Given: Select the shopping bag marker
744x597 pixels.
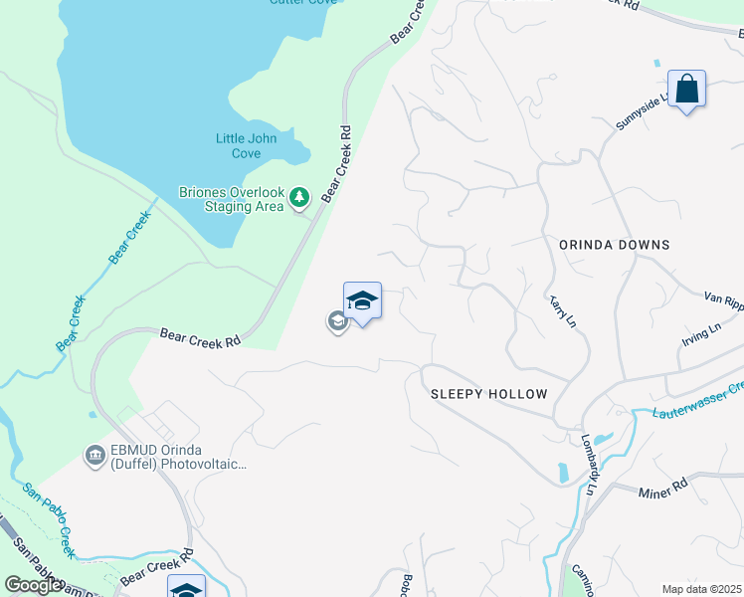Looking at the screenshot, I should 686,90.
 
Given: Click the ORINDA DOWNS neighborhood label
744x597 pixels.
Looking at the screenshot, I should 614,245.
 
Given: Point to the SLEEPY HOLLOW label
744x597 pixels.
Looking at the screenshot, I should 488,394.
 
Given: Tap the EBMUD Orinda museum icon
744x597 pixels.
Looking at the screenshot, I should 95,456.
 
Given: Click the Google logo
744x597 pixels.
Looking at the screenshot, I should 34,585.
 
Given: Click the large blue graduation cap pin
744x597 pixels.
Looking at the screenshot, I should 362,301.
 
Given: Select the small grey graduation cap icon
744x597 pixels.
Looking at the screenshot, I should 337,320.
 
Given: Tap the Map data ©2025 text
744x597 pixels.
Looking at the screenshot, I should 702,589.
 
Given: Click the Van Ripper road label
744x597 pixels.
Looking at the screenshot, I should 723,298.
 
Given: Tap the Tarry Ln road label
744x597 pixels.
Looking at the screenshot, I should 563,310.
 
